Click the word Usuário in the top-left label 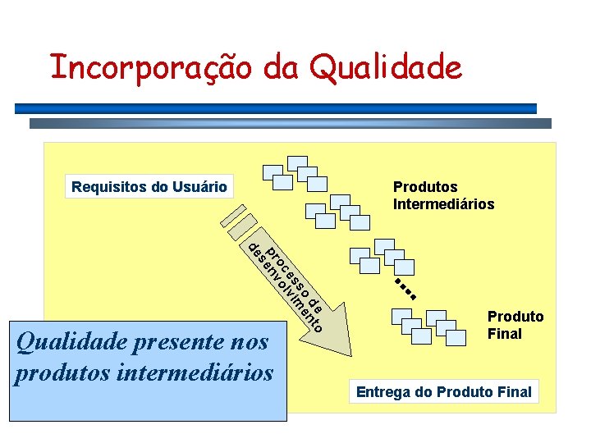pos(200,187)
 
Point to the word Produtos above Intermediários pos(425,187)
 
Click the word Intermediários pos(444,204)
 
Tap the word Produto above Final pos(515,317)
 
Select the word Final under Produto pos(505,334)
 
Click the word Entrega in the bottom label pos(383,392)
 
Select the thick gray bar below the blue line pos(291,123)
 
